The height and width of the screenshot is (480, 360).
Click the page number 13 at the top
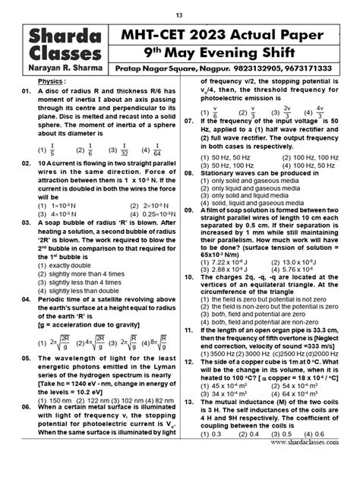[179, 14]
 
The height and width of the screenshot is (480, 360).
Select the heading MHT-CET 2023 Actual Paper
[235, 34]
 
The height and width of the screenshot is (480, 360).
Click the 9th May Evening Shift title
[235, 52]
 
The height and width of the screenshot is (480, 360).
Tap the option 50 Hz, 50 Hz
[220, 157]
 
